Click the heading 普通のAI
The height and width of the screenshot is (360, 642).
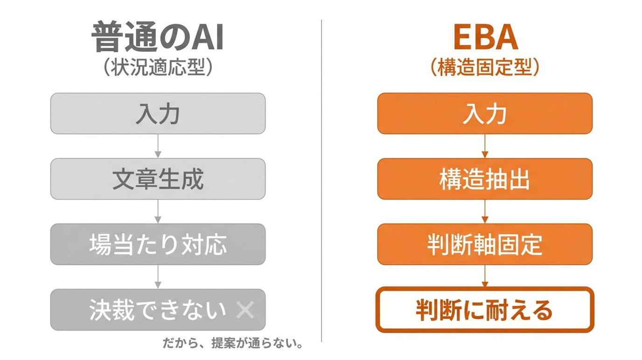pos(157,37)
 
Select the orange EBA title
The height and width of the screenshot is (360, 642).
pos(486,37)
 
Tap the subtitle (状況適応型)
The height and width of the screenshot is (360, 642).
pos(158,67)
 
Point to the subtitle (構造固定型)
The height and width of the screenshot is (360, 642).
pos(485,67)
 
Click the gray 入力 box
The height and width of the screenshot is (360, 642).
pos(158,113)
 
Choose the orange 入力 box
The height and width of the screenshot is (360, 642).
pos(485,113)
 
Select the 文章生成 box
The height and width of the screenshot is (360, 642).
pos(158,179)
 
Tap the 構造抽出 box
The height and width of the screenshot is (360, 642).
pos(485,179)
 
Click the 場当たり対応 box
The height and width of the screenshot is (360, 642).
pos(158,244)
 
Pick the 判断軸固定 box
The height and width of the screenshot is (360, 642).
pos(485,244)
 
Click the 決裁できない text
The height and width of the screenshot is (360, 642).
pos(157,310)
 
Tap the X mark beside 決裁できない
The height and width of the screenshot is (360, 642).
pos(245,310)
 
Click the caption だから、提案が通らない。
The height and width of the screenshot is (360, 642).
pos(233,343)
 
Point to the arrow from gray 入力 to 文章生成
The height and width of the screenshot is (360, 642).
pos(158,146)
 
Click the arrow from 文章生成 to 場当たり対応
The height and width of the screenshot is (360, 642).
pos(158,211)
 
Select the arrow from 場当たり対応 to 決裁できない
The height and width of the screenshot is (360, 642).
pos(158,277)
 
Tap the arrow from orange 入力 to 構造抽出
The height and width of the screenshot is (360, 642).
pos(485,146)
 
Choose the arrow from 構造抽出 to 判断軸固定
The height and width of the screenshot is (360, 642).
pos(485,211)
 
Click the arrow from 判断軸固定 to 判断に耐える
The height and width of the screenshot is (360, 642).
pos(485,276)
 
